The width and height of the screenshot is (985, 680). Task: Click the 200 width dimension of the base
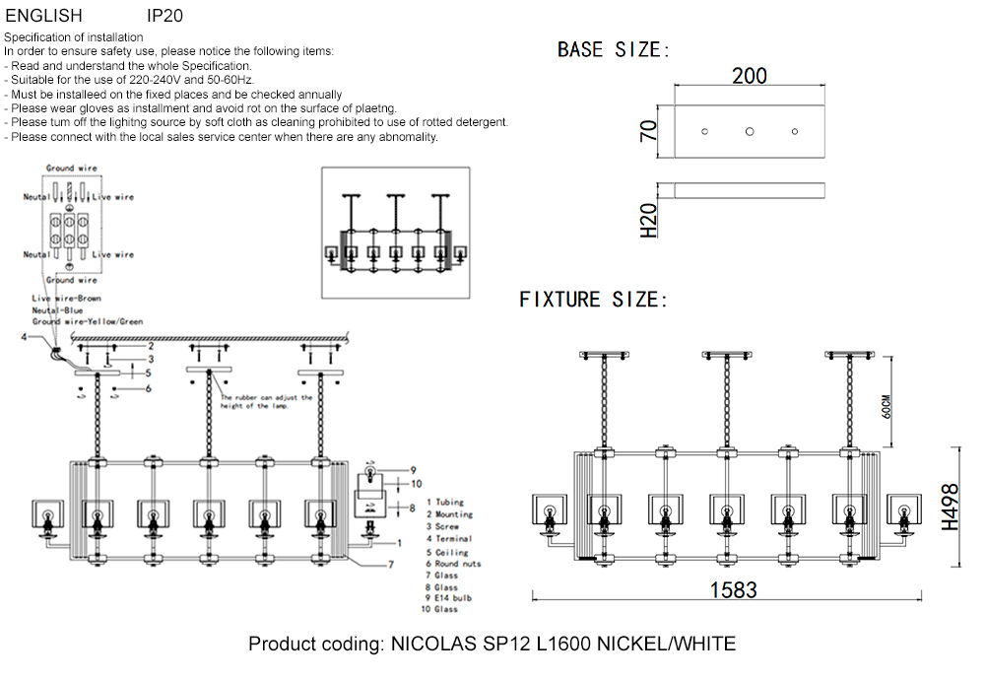pos(750,76)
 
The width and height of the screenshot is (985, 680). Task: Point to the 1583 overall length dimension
pos(733,590)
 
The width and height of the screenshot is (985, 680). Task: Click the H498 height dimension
pos(951,508)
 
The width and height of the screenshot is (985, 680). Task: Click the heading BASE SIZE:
pos(614,50)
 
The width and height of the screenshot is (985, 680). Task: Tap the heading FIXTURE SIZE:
pos(593,300)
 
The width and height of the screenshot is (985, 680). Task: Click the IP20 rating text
pos(164,16)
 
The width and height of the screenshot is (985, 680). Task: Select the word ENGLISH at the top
pos(43,16)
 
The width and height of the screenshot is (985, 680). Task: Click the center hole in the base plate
pos(750,131)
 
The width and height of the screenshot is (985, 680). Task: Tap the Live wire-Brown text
pos(66,298)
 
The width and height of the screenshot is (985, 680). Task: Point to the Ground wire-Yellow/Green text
pos(87,321)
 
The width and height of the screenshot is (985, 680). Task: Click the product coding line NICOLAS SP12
pos(492,645)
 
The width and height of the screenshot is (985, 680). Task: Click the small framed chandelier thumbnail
pos(397,232)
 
